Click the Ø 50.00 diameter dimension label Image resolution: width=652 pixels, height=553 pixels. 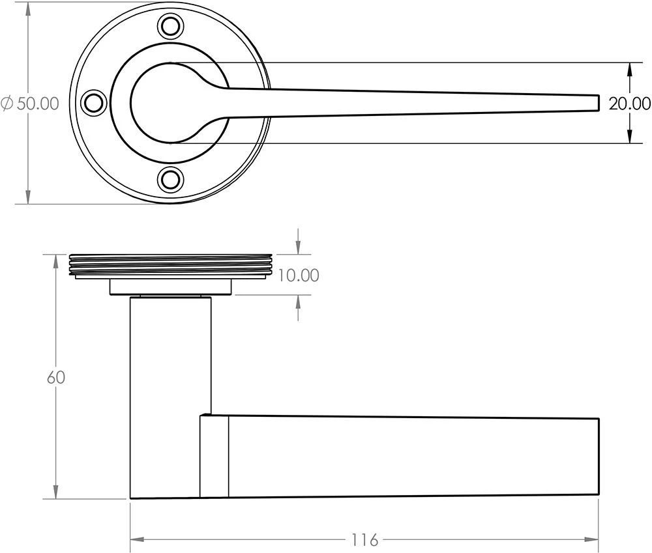(30, 104)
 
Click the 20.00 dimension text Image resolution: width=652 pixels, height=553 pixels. (629, 104)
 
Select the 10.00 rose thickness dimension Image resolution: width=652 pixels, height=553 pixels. (299, 276)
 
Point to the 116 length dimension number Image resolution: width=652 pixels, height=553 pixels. (364, 540)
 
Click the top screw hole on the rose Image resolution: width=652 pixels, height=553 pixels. (171, 27)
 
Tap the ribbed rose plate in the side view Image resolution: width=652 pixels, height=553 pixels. (170, 264)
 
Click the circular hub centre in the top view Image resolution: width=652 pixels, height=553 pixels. (171, 102)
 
